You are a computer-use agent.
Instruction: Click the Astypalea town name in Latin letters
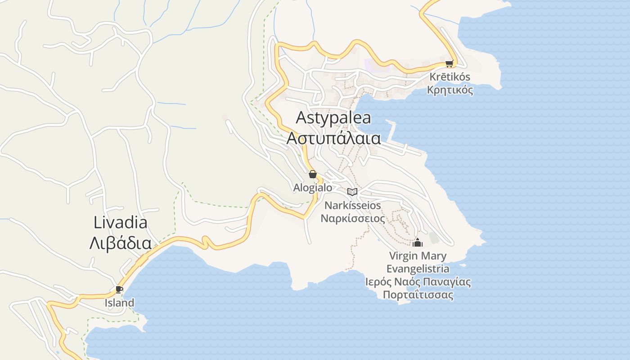coord(333,118)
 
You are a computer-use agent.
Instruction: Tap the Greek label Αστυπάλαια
coord(333,138)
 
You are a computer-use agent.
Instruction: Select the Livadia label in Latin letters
coord(121,223)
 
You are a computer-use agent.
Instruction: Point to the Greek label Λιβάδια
coord(120,243)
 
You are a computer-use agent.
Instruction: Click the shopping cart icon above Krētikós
coord(449,63)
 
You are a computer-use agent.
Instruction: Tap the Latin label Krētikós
coord(449,76)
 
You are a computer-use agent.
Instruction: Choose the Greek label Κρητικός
coord(450,90)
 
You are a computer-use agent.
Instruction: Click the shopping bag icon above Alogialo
coord(313,174)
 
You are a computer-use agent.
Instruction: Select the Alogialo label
coord(313,188)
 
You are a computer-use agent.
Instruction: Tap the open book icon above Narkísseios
coord(352,192)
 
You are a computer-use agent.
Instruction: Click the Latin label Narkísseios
coord(353,206)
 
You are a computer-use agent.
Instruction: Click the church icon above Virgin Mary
coord(418,243)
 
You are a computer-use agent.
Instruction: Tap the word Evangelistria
coord(418,269)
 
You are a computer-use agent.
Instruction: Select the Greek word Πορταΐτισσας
coord(418,295)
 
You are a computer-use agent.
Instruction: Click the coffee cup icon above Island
coord(119,289)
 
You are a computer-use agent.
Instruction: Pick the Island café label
coord(119,303)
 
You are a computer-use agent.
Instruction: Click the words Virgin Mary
coord(418,256)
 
